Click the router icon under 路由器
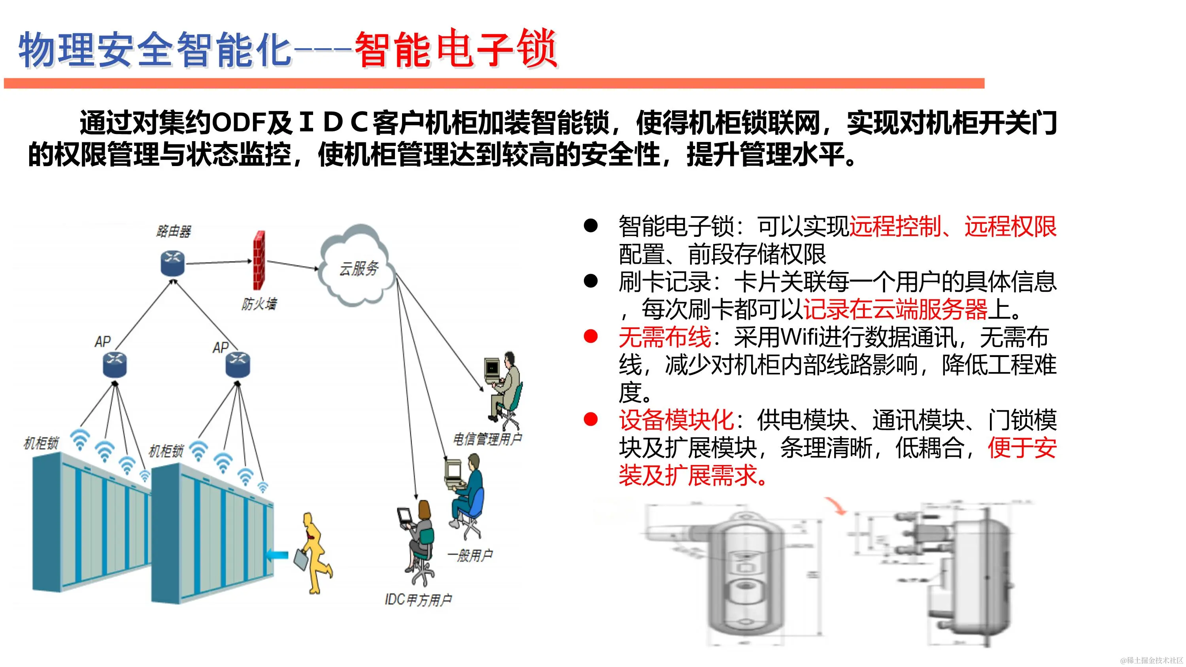173,264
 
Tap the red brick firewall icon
259,260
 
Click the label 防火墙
259,304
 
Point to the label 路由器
174,231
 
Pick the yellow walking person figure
316,552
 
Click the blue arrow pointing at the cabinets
278,556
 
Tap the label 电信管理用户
487,439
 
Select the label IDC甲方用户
418,600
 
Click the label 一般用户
470,556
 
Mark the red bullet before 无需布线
590,336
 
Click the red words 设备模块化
676,420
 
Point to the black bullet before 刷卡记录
590,281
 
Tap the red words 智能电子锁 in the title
456,49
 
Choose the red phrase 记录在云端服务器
895,309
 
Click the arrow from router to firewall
219,263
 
